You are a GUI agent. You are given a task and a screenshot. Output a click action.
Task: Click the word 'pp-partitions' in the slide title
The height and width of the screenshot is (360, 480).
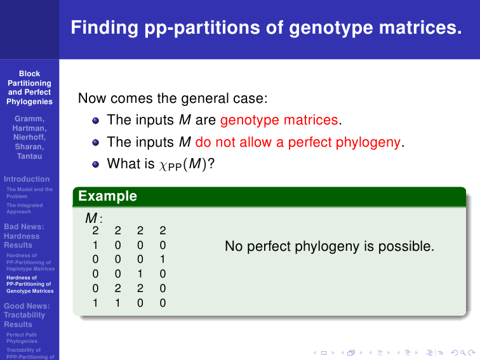[202, 28]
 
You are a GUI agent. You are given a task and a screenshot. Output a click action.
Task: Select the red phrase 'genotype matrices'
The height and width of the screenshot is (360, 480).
[279, 120]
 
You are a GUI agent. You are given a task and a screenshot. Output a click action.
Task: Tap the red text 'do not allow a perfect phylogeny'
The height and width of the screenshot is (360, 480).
[298, 142]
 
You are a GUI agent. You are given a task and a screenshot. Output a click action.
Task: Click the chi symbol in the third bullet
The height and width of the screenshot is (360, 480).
[163, 166]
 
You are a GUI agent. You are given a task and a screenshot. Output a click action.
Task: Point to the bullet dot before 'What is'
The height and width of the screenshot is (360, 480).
[95, 164]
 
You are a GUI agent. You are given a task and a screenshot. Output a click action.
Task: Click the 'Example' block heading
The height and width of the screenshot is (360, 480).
[107, 196]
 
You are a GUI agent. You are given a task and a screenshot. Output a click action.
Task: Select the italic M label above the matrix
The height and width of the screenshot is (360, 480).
[91, 218]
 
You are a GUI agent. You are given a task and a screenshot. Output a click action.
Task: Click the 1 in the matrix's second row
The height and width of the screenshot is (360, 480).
[95, 245]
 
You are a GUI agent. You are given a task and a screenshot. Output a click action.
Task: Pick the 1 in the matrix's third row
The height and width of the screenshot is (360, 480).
[163, 259]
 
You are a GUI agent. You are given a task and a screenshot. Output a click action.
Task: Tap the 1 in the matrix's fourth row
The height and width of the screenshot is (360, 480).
[140, 274]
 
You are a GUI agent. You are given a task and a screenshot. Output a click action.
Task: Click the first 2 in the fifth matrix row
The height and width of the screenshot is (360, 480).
[118, 288]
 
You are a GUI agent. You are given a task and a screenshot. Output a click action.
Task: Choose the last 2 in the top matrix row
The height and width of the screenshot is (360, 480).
[163, 230]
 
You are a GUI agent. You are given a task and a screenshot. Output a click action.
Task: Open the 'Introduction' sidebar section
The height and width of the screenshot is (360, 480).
[27, 179]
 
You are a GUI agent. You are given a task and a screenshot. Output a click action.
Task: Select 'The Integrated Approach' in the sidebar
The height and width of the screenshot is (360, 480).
[25, 208]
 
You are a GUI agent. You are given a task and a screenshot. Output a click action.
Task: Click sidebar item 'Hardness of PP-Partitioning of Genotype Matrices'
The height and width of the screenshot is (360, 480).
[30, 284]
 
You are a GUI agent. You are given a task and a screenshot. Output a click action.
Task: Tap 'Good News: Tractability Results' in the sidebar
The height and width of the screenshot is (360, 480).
[27, 316]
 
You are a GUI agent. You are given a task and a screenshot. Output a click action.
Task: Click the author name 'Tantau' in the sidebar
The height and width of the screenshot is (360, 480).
[29, 156]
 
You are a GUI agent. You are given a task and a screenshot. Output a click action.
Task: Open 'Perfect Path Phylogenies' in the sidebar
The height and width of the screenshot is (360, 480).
[22, 338]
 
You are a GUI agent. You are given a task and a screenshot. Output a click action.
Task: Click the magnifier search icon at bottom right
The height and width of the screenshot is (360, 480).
[463, 353]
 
